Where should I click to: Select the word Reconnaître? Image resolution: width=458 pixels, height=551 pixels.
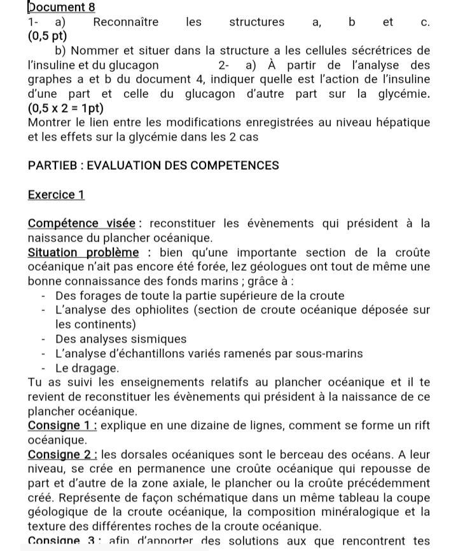click(x=126, y=22)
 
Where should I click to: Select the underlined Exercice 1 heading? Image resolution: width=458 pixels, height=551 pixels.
click(x=57, y=194)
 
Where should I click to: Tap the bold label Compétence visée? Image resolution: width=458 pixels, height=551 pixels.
click(x=82, y=224)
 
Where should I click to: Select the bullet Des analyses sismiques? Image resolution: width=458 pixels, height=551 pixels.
click(x=121, y=339)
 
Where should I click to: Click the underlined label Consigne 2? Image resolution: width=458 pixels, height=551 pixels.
click(x=63, y=454)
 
